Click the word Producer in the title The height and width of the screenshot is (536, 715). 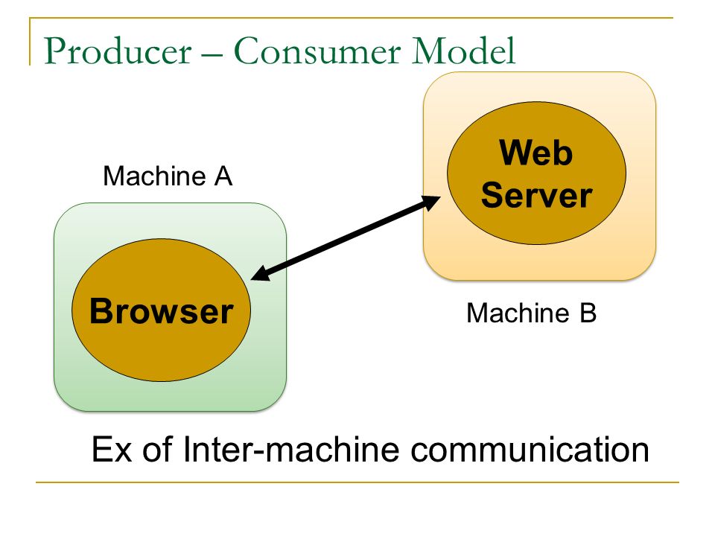click(x=118, y=51)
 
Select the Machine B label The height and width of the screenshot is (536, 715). click(x=531, y=313)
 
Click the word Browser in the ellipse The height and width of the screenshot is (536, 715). click(x=162, y=311)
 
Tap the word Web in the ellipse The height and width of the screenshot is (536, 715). click(x=536, y=153)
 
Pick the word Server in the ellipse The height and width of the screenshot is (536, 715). click(x=536, y=195)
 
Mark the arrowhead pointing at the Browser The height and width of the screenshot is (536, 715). click(x=261, y=273)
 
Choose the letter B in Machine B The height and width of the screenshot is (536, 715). click(x=588, y=313)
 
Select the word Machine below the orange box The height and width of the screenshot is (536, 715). click(x=518, y=313)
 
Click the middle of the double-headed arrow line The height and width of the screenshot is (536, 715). click(x=346, y=237)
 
